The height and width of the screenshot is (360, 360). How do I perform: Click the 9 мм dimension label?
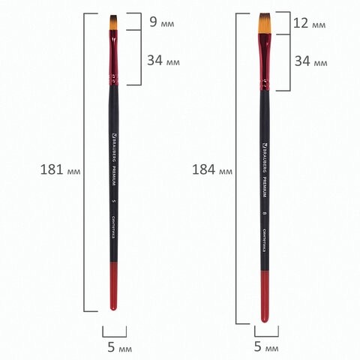click(162, 22)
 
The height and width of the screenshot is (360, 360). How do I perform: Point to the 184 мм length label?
click(211, 171)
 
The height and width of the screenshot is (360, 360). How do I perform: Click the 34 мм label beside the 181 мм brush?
click(165, 60)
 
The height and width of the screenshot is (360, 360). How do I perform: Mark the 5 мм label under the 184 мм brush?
click(266, 348)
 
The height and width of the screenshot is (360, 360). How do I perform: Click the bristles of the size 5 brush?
click(115, 22)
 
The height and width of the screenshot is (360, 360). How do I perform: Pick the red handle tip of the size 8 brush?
click(266, 296)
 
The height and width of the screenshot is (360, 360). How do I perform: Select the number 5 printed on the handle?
click(115, 201)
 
